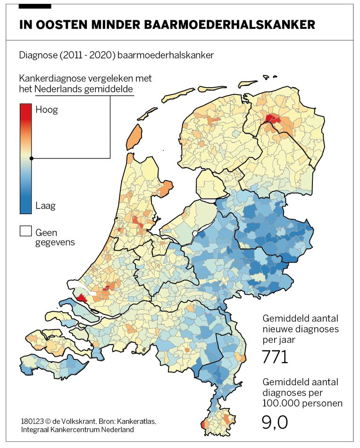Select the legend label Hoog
[47, 110]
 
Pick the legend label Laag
[45, 206]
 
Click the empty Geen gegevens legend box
[25, 232]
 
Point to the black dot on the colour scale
[32, 158]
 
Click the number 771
[275, 357]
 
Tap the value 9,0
[275, 422]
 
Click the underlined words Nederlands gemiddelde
[84, 89]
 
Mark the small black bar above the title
[35, 6]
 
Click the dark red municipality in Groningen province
[272, 119]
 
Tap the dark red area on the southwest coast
[82, 298]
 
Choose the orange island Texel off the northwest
[134, 137]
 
